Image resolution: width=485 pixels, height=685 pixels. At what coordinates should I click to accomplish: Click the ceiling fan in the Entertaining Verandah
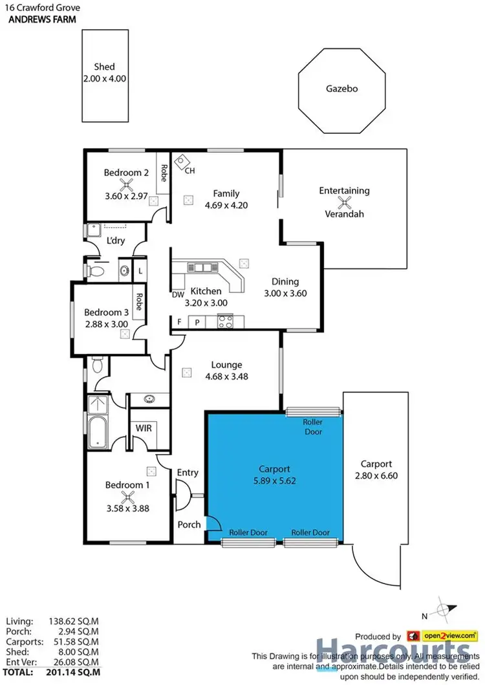345,202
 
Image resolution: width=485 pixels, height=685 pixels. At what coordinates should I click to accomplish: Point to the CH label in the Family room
189,171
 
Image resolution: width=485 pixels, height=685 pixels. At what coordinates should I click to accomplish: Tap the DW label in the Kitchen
178,294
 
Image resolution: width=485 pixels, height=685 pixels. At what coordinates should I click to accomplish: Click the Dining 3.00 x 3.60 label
285,287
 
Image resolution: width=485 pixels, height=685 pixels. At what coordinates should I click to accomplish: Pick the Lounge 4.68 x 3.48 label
226,370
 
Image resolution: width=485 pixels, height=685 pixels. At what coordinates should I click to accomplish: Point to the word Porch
189,524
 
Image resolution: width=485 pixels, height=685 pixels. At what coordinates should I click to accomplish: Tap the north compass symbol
441,610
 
